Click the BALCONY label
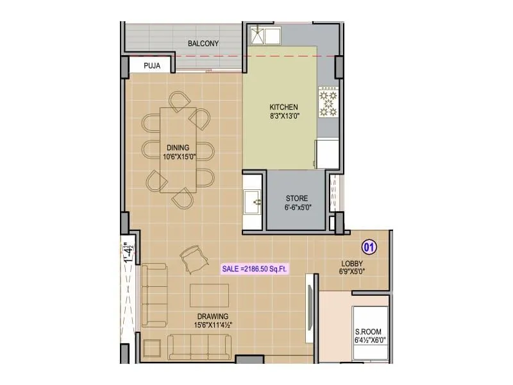pos(203,44)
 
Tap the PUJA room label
pos(151,65)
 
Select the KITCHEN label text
pos(284,107)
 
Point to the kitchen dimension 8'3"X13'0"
pos(284,116)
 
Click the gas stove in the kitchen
pos(328,103)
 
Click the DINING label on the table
pos(178,148)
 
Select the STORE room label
pos(297,198)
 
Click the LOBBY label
pos(352,263)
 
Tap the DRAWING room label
pos(213,316)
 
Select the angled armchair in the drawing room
pos(193,259)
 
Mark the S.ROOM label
pos(368,331)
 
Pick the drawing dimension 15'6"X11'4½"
pos(213,325)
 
